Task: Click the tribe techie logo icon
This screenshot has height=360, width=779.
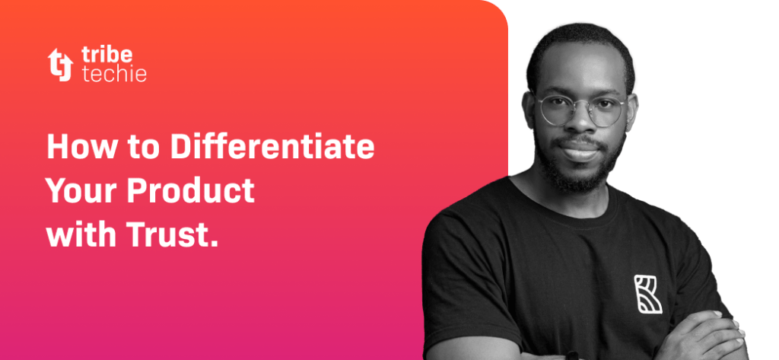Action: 59,64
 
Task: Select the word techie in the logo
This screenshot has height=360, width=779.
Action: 113,74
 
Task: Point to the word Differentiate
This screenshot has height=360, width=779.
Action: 272,147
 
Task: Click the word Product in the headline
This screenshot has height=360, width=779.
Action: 189,190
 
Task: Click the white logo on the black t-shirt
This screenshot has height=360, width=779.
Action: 647,295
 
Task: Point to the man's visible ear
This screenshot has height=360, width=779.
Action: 530,114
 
